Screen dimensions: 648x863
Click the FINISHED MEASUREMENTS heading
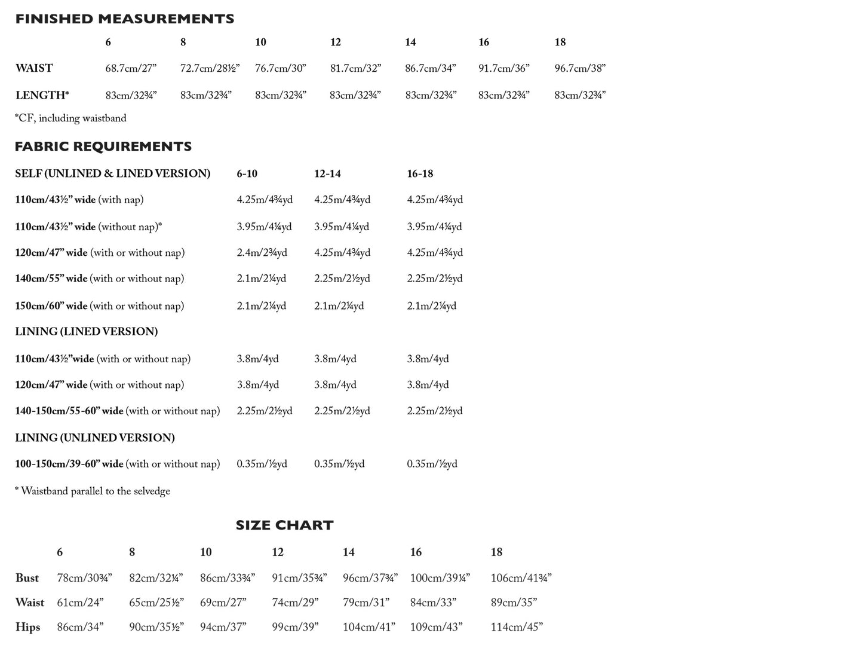click(x=124, y=19)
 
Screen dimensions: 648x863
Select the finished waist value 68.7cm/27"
click(x=131, y=68)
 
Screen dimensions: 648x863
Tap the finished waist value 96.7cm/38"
click(x=579, y=68)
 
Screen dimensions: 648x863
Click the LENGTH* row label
click(x=42, y=95)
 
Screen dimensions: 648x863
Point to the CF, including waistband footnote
click(x=70, y=118)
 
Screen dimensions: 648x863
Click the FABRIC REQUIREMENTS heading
click(x=103, y=146)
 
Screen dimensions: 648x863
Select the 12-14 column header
click(x=327, y=173)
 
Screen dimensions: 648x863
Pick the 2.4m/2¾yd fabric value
click(x=262, y=253)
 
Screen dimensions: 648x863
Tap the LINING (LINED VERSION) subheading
click(x=87, y=331)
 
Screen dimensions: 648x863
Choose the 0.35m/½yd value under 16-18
click(x=432, y=464)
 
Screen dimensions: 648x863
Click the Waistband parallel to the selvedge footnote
click(x=93, y=491)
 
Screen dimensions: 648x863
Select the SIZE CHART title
click(x=284, y=525)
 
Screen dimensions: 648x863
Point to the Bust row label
click(x=27, y=578)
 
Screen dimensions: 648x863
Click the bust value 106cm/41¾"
click(x=521, y=578)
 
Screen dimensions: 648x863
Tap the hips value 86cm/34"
click(x=80, y=627)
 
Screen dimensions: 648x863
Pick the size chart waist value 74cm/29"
click(x=295, y=603)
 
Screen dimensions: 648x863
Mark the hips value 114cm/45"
click(x=516, y=627)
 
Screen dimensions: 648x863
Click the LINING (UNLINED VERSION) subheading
click(x=95, y=438)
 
